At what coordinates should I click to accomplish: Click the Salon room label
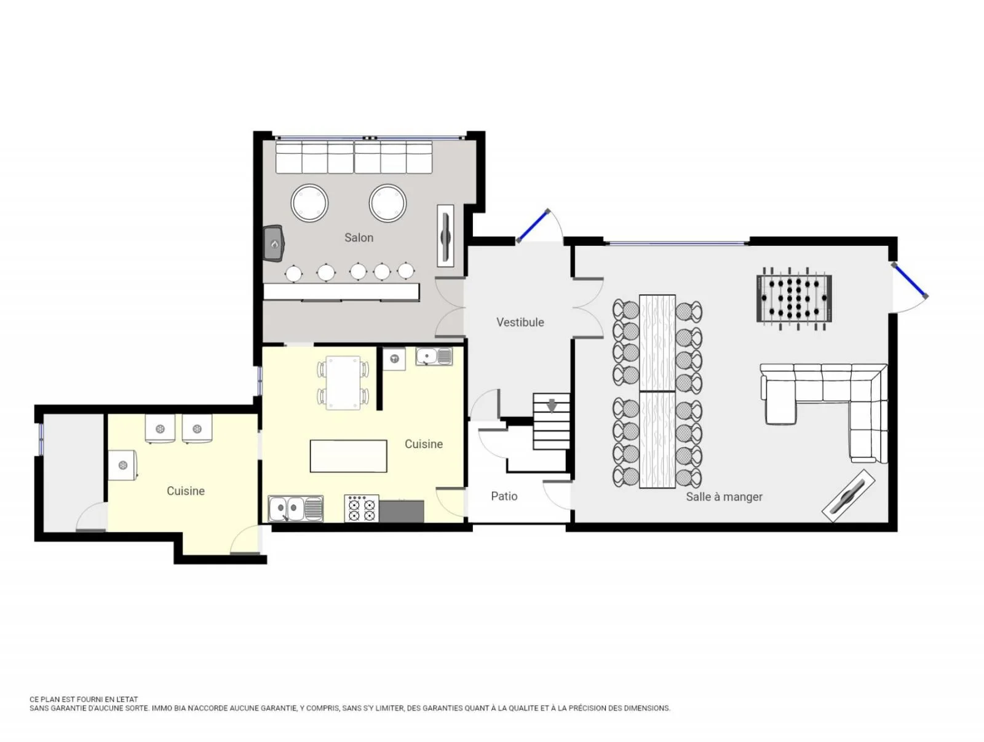356,235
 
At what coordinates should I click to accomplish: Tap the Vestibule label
517,320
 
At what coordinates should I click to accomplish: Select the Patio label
500,492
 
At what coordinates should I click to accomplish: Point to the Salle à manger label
718,493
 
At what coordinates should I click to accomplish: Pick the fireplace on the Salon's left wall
271,242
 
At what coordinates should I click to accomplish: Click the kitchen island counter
346,452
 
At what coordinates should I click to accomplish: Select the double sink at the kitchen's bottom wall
293,505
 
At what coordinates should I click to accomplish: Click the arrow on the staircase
548,403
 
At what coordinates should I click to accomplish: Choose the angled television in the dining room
841,492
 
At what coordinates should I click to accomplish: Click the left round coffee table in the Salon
307,201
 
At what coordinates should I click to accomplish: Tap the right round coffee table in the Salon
385,201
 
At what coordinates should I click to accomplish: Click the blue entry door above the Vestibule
529,224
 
